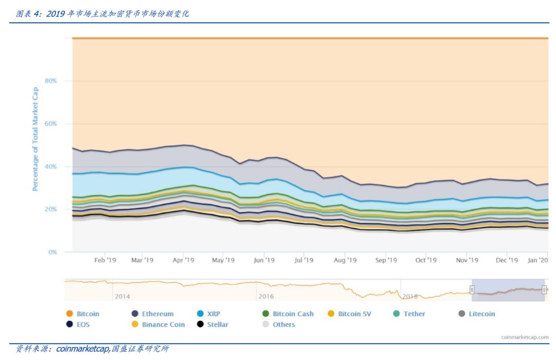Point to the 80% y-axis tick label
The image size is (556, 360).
click(50, 81)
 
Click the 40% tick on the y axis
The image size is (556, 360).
click(50, 166)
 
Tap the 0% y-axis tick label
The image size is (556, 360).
click(53, 252)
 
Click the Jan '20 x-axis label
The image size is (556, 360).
click(537, 260)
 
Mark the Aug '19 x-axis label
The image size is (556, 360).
click(345, 260)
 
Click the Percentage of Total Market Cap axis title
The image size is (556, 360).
click(36, 140)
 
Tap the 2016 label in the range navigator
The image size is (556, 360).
click(266, 296)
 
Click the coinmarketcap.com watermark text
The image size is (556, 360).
click(525, 337)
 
